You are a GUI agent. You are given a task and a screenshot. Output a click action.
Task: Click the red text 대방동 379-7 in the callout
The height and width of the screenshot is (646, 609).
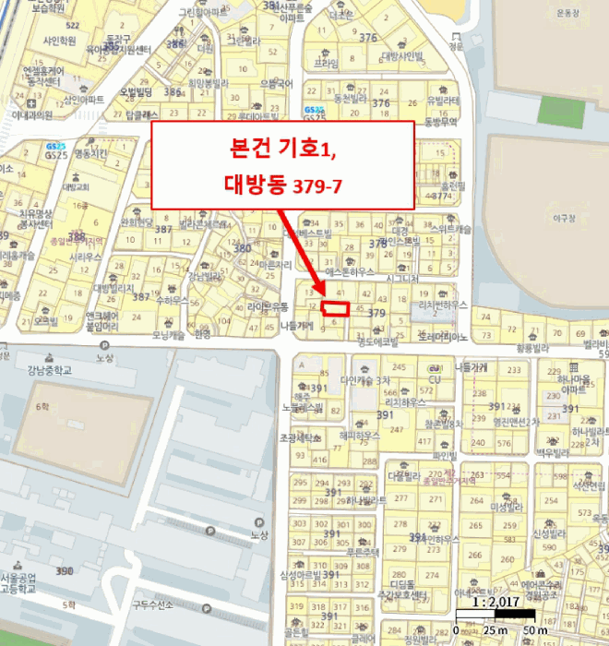[283, 185]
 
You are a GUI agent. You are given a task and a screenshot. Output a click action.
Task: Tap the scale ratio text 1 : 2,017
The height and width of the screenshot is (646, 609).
[495, 602]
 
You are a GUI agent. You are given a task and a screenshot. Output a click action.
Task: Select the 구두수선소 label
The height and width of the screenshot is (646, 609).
[153, 605]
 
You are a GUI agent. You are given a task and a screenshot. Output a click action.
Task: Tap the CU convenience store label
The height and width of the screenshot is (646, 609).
[434, 378]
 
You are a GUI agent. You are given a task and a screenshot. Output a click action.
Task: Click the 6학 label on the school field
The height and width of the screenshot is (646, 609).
[42, 406]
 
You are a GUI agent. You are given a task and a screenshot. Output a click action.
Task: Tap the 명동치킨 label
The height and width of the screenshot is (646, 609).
[90, 153]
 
